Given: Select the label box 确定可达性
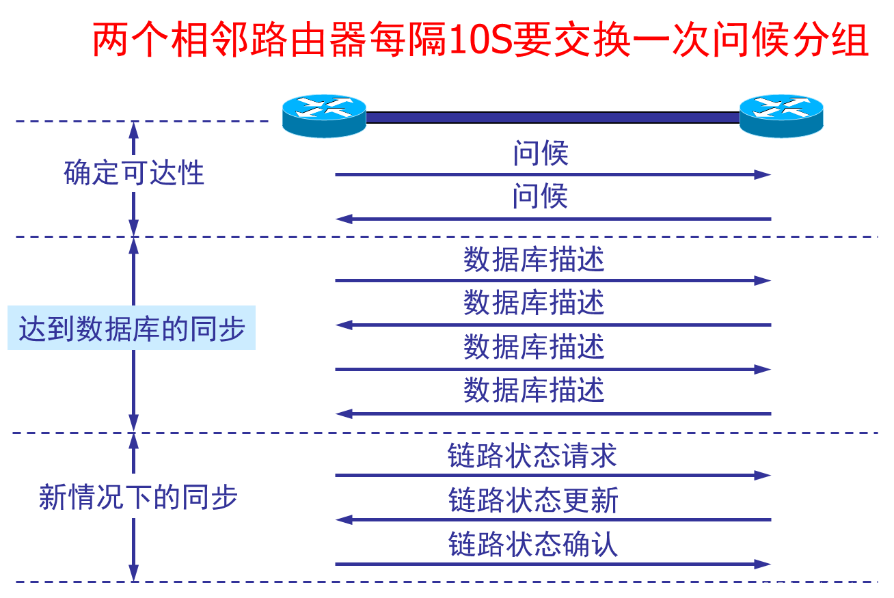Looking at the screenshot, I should (135, 174).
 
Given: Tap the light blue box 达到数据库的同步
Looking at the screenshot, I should (131, 329).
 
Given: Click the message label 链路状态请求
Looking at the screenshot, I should (532, 457).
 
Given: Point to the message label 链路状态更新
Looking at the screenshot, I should (533, 501).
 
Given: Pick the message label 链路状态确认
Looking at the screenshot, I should (533, 545).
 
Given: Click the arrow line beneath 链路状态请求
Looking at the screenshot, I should (547, 476).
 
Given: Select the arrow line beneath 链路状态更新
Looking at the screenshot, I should (547, 520).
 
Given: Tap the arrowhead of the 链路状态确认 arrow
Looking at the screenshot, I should (763, 565).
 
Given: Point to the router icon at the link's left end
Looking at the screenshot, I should (325, 115).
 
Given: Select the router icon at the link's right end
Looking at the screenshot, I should (781, 115).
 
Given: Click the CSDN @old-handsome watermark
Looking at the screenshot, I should (822, 587).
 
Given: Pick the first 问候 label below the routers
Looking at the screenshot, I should (541, 154).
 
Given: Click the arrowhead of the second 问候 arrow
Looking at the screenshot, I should (343, 219).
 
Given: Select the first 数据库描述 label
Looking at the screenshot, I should (534, 260).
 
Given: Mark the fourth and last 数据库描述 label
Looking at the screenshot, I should (534, 391).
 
